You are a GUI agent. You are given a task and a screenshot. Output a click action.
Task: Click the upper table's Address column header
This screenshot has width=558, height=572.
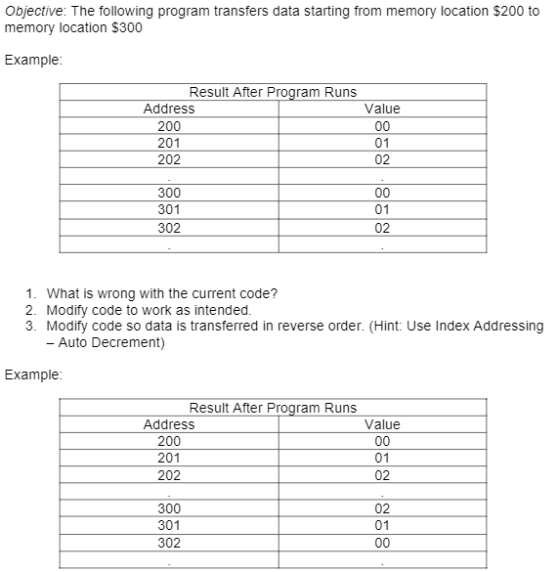[x=168, y=109]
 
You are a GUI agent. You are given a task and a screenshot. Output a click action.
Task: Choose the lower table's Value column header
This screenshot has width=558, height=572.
[x=381, y=424]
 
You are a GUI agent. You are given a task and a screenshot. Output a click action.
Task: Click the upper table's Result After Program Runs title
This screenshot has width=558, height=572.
[x=273, y=92]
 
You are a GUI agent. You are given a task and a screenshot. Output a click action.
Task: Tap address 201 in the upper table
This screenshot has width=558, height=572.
[x=168, y=142]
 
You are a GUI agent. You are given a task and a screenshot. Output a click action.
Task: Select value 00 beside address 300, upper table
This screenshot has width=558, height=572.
[x=381, y=193]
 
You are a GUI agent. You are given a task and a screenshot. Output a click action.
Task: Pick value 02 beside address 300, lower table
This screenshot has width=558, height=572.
[x=381, y=508]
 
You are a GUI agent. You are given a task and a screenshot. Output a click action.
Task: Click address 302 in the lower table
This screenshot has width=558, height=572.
[x=168, y=542]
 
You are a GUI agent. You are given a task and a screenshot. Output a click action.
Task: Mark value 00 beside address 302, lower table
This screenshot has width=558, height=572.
[x=381, y=542]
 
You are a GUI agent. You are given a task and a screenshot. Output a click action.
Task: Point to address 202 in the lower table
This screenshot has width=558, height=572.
[x=168, y=475]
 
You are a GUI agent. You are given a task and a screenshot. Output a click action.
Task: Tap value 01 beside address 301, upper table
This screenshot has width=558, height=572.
[x=381, y=209]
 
